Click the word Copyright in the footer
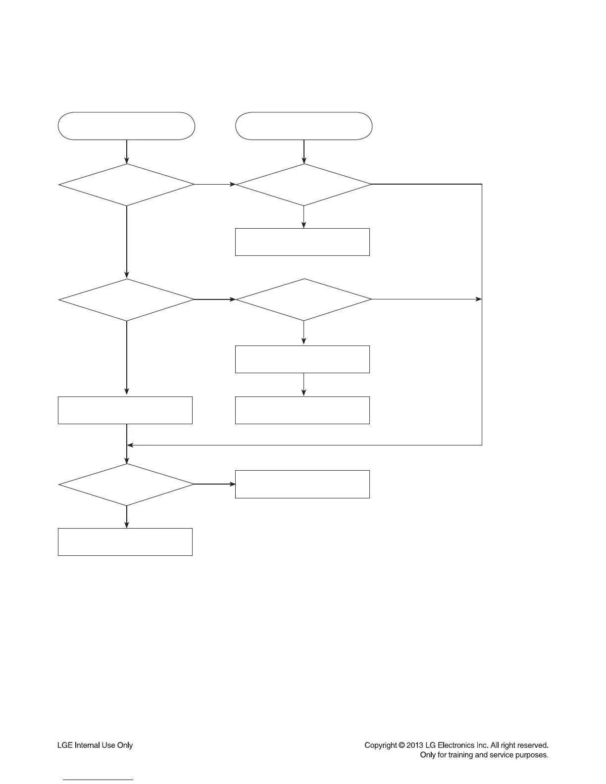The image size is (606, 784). pos(380,745)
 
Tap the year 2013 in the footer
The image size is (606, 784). pos(415,745)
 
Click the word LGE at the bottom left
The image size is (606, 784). pos(65,745)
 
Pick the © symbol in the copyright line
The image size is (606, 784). pos(402,745)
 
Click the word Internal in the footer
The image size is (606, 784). pos(87,745)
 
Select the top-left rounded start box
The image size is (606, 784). pos(126,126)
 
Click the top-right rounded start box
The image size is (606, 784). pos(303,126)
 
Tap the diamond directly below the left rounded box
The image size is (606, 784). pos(126,185)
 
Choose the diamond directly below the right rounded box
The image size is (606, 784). pos(303,185)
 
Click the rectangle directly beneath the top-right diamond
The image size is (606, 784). pos(302,242)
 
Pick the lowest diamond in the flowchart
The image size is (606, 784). pos(126,485)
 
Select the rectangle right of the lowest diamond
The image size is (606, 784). pos(302,484)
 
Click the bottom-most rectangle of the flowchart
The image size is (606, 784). pos(125,542)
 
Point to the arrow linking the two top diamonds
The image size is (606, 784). pos(215,185)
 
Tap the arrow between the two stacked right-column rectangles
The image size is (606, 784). pos(303,385)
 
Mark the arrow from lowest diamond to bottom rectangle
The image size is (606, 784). pos(127,517)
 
